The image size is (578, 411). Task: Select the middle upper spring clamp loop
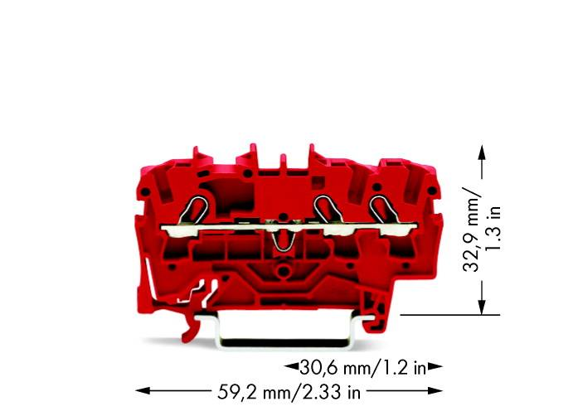pos(323,208)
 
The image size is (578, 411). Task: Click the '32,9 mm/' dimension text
pos(471,229)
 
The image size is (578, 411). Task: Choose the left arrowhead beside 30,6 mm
pos(291,365)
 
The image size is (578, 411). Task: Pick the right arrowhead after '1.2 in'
pos(436,365)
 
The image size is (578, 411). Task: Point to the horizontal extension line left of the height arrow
pos(448,314)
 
